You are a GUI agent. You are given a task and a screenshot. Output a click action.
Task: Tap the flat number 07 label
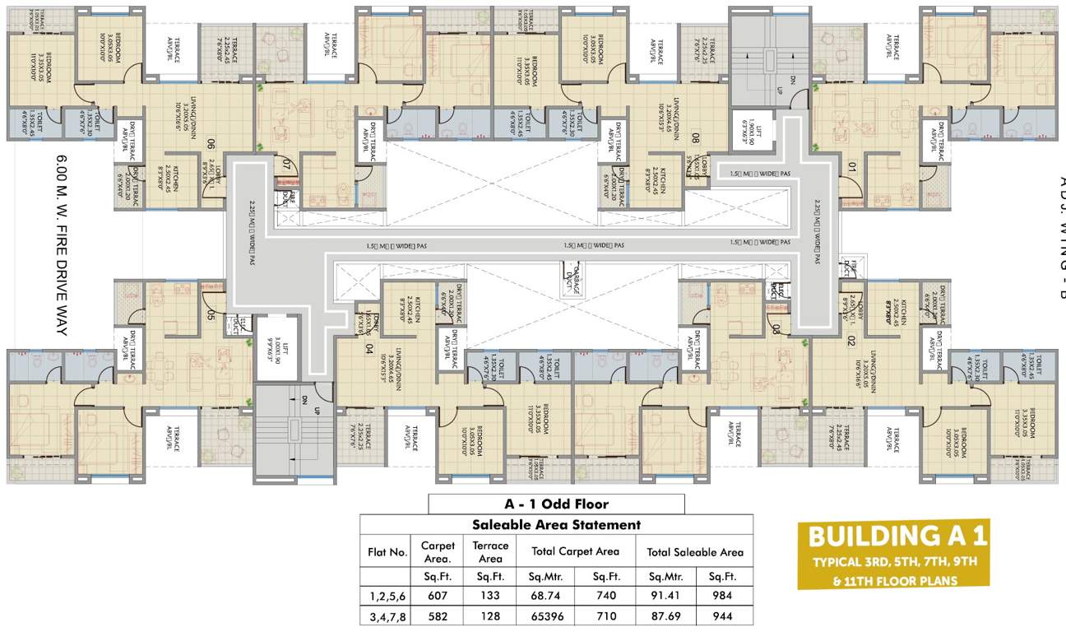[287, 165]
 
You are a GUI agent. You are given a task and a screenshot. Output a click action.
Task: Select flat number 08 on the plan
[696, 139]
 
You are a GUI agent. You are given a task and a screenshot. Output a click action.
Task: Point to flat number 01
[851, 169]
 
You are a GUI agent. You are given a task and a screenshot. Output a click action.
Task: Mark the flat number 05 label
[211, 314]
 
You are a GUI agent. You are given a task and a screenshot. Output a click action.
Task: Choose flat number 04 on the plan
[369, 347]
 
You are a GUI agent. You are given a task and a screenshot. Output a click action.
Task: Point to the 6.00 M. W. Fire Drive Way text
[62, 245]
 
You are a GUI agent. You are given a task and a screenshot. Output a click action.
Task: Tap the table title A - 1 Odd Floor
[556, 504]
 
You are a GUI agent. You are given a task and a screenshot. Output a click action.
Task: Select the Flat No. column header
[387, 552]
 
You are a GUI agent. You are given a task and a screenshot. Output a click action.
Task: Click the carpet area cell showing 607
[438, 594]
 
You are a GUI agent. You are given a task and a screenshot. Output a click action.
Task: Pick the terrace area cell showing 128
[490, 616]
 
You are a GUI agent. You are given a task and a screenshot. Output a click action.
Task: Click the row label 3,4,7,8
[387, 616]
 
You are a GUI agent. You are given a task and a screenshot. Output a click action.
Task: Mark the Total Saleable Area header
[695, 552]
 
